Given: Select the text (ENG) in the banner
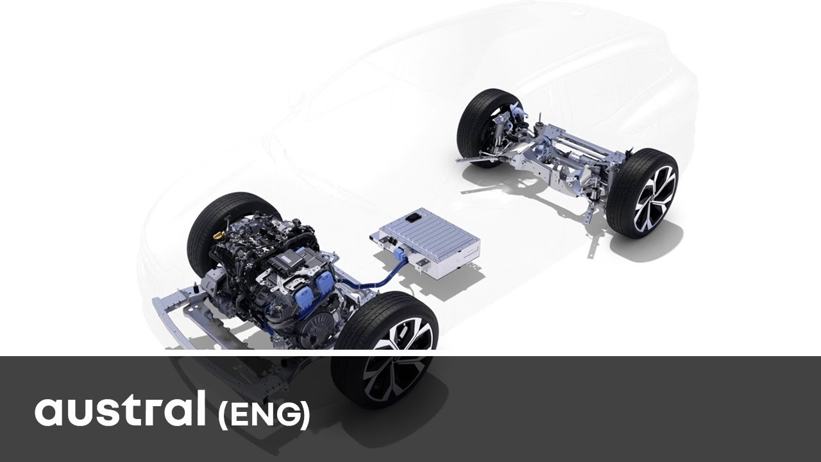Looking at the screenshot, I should click(x=264, y=415).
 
